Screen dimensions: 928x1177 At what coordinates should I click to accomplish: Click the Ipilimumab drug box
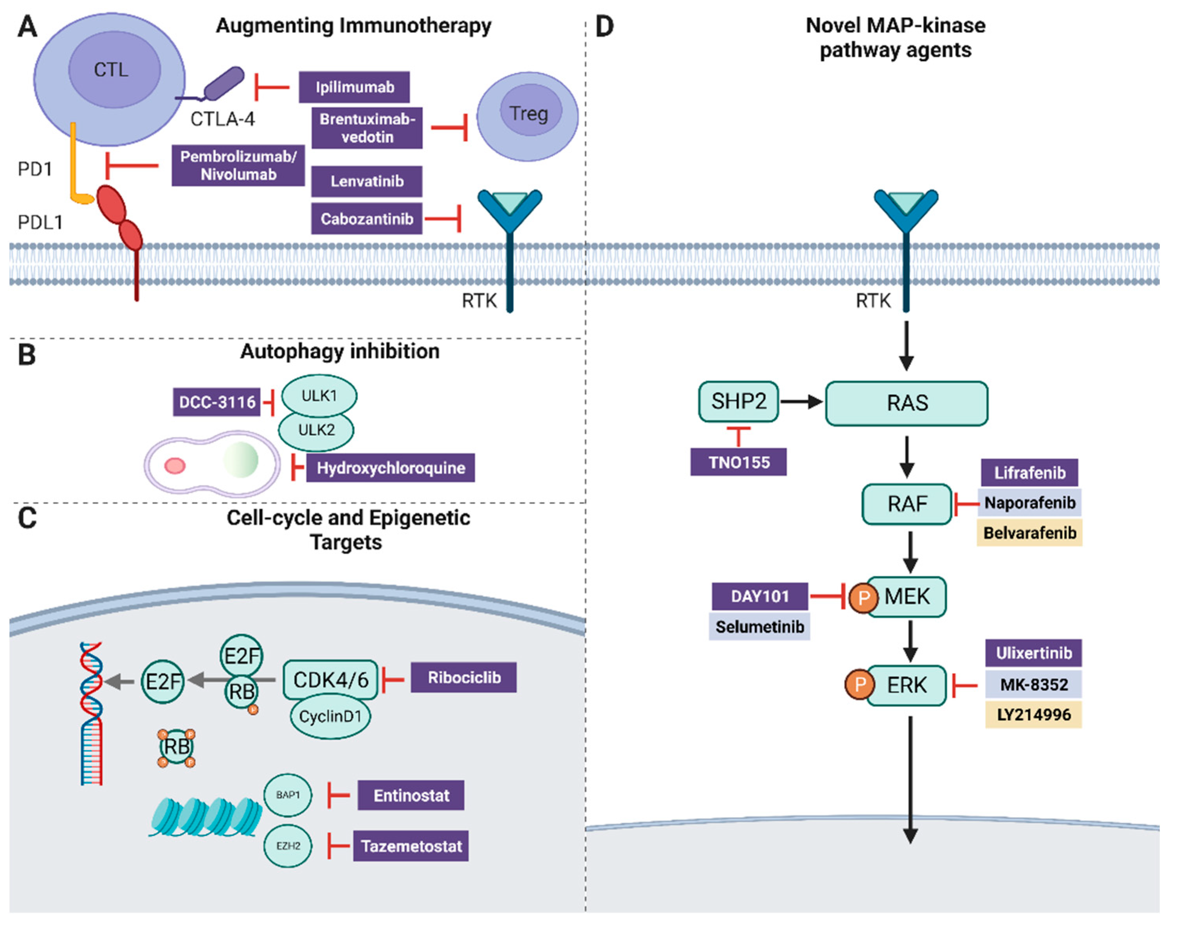[x=354, y=87]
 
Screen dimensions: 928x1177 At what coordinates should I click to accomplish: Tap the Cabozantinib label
[x=367, y=219]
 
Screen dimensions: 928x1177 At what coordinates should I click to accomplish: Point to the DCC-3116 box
[x=217, y=402]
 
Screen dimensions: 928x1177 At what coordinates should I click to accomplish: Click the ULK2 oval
[x=316, y=430]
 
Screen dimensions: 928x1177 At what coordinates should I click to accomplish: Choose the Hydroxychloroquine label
[x=391, y=468]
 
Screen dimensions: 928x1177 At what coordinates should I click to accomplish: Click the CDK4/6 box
[x=330, y=680]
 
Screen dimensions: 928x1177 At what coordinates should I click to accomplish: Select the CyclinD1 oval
[x=330, y=717]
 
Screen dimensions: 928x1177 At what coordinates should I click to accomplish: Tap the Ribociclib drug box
[x=463, y=678]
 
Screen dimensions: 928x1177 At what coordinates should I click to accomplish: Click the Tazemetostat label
[x=411, y=846]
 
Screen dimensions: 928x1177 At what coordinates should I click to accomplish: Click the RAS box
[x=907, y=404]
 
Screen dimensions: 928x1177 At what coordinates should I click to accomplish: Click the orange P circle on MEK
[x=863, y=598]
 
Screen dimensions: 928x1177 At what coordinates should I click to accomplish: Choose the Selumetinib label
[x=759, y=627]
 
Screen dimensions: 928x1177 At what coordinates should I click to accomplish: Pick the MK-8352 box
[x=1033, y=685]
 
